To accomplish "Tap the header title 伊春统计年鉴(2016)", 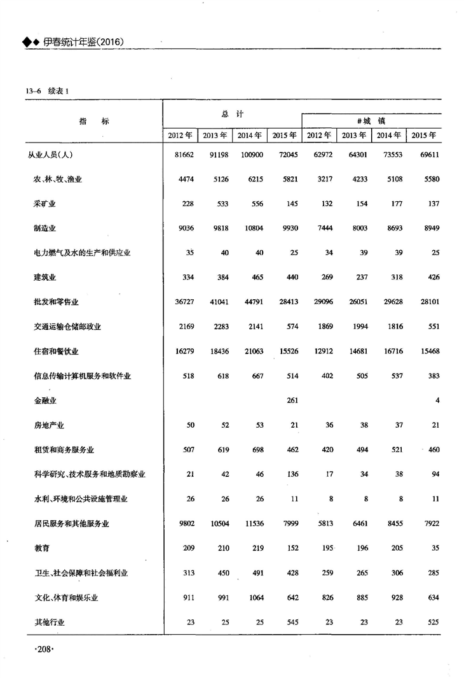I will (x=83, y=42).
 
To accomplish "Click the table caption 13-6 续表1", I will (x=47, y=91).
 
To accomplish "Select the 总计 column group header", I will (x=232, y=113).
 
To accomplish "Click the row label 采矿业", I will (x=45, y=203).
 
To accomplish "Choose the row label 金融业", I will (x=45, y=400).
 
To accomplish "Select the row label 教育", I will (x=41, y=548).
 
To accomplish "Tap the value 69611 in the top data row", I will (x=426, y=155).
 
